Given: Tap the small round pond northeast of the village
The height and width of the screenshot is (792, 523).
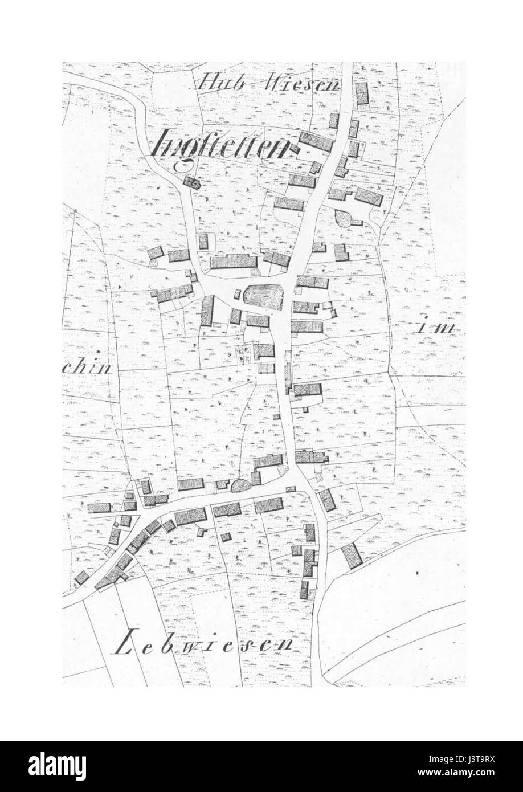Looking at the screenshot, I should click(x=345, y=219).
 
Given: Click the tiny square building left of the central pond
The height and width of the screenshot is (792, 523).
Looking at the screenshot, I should click(x=236, y=294).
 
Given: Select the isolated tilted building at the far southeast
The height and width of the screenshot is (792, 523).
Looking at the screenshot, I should click(x=352, y=555).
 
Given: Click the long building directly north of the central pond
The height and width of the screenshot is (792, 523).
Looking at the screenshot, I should click(x=234, y=262).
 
